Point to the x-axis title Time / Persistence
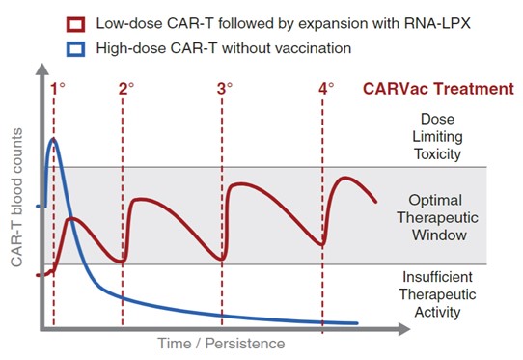pyautogui.click(x=222, y=343)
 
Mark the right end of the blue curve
pyautogui.click(x=358, y=322)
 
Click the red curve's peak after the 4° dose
pyautogui.click(x=345, y=178)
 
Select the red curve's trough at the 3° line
pyautogui.click(x=223, y=259)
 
